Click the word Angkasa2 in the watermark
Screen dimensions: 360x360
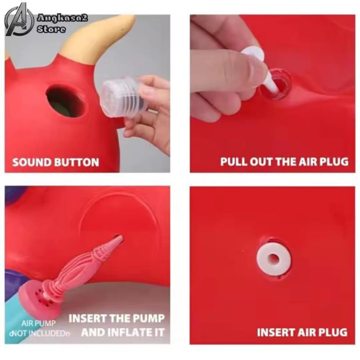[x=63, y=18]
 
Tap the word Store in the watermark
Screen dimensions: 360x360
[x=51, y=29]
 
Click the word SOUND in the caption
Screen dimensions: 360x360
[x=31, y=162]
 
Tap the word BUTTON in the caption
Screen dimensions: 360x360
[x=76, y=162]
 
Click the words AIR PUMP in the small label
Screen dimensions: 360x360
[x=39, y=324]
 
